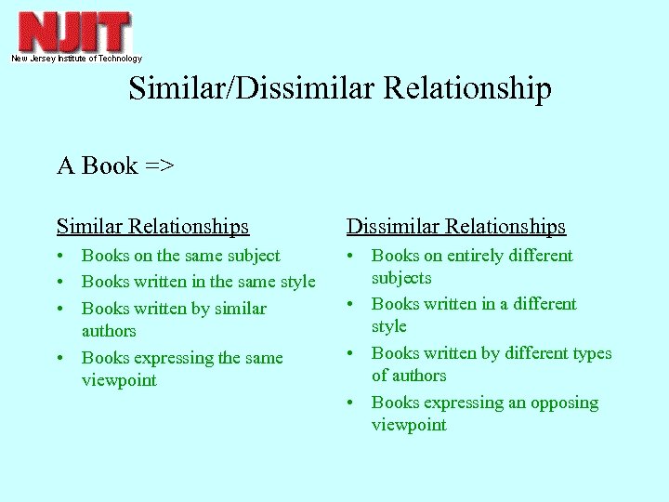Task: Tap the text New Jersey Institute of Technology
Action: click(x=76, y=59)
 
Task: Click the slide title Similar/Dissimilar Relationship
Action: click(x=340, y=88)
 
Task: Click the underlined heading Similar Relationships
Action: click(x=152, y=226)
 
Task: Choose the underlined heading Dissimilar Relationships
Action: click(x=455, y=226)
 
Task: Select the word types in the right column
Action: click(x=588, y=353)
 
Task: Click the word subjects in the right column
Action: click(x=401, y=278)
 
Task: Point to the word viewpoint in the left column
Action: click(x=119, y=380)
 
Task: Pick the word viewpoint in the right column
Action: click(x=409, y=425)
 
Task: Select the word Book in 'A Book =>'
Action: click(x=110, y=165)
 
